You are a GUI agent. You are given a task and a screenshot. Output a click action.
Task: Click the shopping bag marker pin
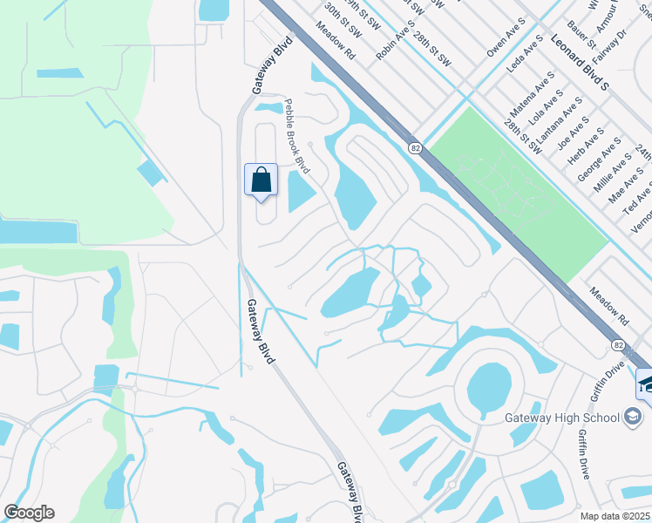point(261,180)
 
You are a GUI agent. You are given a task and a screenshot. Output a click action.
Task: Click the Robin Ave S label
point(394,40)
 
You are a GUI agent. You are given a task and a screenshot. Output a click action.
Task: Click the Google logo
point(29,513)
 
